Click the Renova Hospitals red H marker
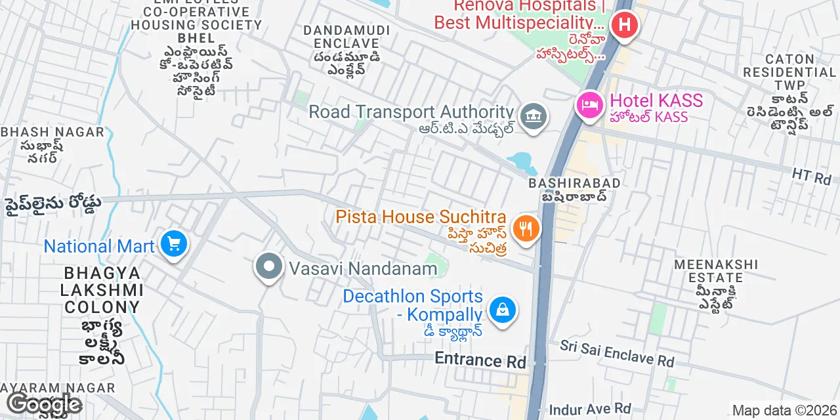624,26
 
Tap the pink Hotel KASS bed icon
590,104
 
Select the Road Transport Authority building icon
533,117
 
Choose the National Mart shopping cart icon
173,245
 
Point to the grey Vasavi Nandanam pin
268,267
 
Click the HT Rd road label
811,176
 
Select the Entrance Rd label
480,360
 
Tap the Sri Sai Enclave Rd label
617,353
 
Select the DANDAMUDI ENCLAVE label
347,37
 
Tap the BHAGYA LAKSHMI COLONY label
102,289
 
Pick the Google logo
43,405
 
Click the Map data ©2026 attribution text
785,411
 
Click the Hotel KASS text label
656,101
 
